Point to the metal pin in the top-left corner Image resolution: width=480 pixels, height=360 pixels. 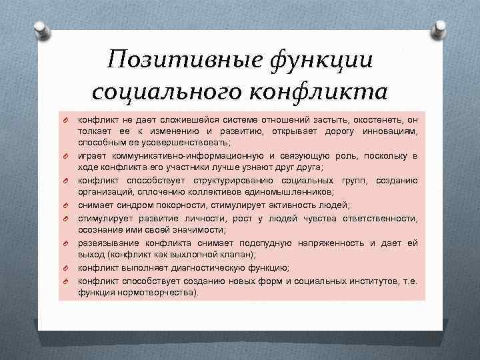(x=39, y=29)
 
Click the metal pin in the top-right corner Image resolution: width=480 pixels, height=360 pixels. (x=441, y=29)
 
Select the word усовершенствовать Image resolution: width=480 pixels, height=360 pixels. (x=151, y=143)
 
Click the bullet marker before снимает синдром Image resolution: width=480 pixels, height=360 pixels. (x=67, y=205)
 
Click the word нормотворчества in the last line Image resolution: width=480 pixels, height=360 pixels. (x=157, y=292)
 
